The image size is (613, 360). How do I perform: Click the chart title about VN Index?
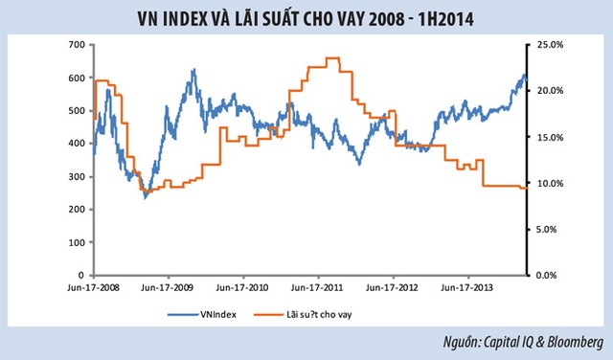pyautogui.click(x=306, y=19)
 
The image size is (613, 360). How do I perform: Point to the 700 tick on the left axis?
pyautogui.click(x=77, y=45)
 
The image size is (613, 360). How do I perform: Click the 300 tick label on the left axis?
pyautogui.click(x=77, y=177)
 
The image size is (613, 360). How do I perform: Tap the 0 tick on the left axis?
pyautogui.click(x=81, y=275)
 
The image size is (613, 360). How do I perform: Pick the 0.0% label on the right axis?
pyautogui.click(x=546, y=275)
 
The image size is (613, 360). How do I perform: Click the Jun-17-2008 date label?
pyautogui.click(x=93, y=287)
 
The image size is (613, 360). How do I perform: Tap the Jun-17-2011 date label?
pyautogui.click(x=317, y=287)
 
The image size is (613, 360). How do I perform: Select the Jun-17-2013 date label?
pyautogui.click(x=466, y=287)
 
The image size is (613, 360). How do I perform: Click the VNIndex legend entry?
pyautogui.click(x=202, y=314)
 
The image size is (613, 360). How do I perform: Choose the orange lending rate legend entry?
pyautogui.click(x=303, y=314)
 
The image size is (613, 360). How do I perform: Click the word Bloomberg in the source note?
pyautogui.click(x=575, y=342)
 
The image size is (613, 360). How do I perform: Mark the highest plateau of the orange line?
pyautogui.click(x=332, y=57)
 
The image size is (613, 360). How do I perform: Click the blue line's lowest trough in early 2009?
pyautogui.click(x=146, y=196)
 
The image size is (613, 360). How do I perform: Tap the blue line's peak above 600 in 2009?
pyautogui.click(x=193, y=70)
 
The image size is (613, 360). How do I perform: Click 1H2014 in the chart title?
pyautogui.click(x=446, y=19)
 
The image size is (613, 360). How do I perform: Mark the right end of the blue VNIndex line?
pyautogui.click(x=527, y=79)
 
